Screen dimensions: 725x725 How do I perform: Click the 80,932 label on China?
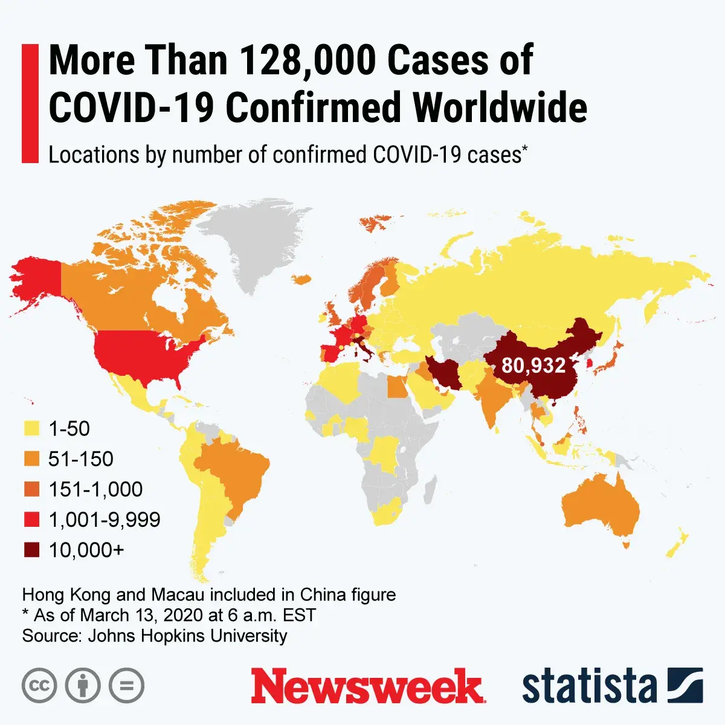[x=533, y=366]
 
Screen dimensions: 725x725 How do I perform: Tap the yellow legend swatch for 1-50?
[x=31, y=429]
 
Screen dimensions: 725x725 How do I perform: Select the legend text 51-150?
[x=81, y=459]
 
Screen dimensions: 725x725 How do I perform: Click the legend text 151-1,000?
[x=95, y=489]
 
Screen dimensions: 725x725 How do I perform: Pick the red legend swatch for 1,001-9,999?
[x=31, y=520]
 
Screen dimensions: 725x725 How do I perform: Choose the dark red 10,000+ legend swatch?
[x=31, y=550]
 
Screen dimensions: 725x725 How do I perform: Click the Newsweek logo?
[x=367, y=686]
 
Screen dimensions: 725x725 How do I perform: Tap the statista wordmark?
[x=589, y=686]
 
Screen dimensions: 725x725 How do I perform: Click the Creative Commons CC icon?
[x=39, y=686]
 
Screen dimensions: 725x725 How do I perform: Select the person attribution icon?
[x=83, y=686]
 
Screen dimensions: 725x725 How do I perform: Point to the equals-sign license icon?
[x=127, y=686]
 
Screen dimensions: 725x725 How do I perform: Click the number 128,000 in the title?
[x=309, y=60]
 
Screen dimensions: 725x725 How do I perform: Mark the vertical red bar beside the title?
[x=30, y=103]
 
